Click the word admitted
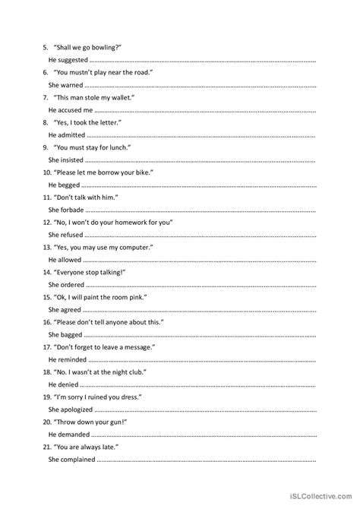pyautogui.click(x=72, y=134)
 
